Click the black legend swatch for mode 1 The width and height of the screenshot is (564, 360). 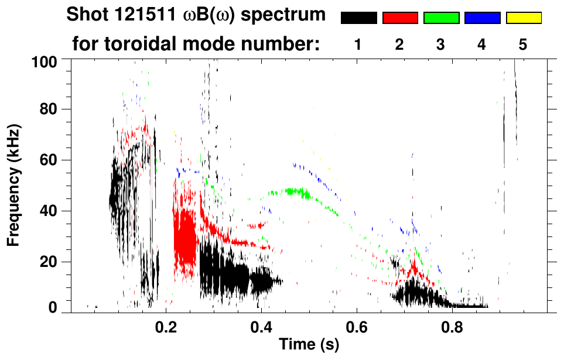pyautogui.click(x=358, y=18)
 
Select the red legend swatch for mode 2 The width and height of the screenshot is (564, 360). pyautogui.click(x=400, y=18)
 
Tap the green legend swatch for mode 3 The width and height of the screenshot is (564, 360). pyautogui.click(x=441, y=18)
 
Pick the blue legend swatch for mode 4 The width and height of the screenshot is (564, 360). pyautogui.click(x=482, y=18)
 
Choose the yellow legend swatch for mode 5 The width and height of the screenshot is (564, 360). pyautogui.click(x=523, y=18)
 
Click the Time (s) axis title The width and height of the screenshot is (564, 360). pyautogui.click(x=308, y=345)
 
